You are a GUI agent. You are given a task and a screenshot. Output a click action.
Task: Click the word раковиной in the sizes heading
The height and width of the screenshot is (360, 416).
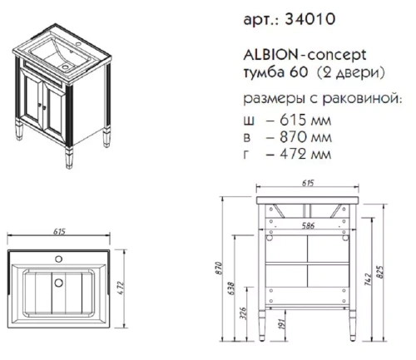coord(364,99)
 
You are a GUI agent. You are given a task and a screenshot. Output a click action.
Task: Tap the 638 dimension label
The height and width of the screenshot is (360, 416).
coord(242,289)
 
